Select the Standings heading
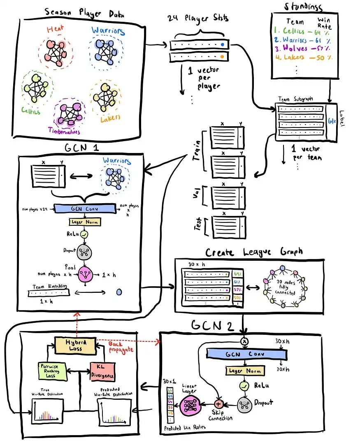click(x=304, y=7)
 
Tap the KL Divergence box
click(x=102, y=371)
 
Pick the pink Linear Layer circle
click(x=190, y=405)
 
